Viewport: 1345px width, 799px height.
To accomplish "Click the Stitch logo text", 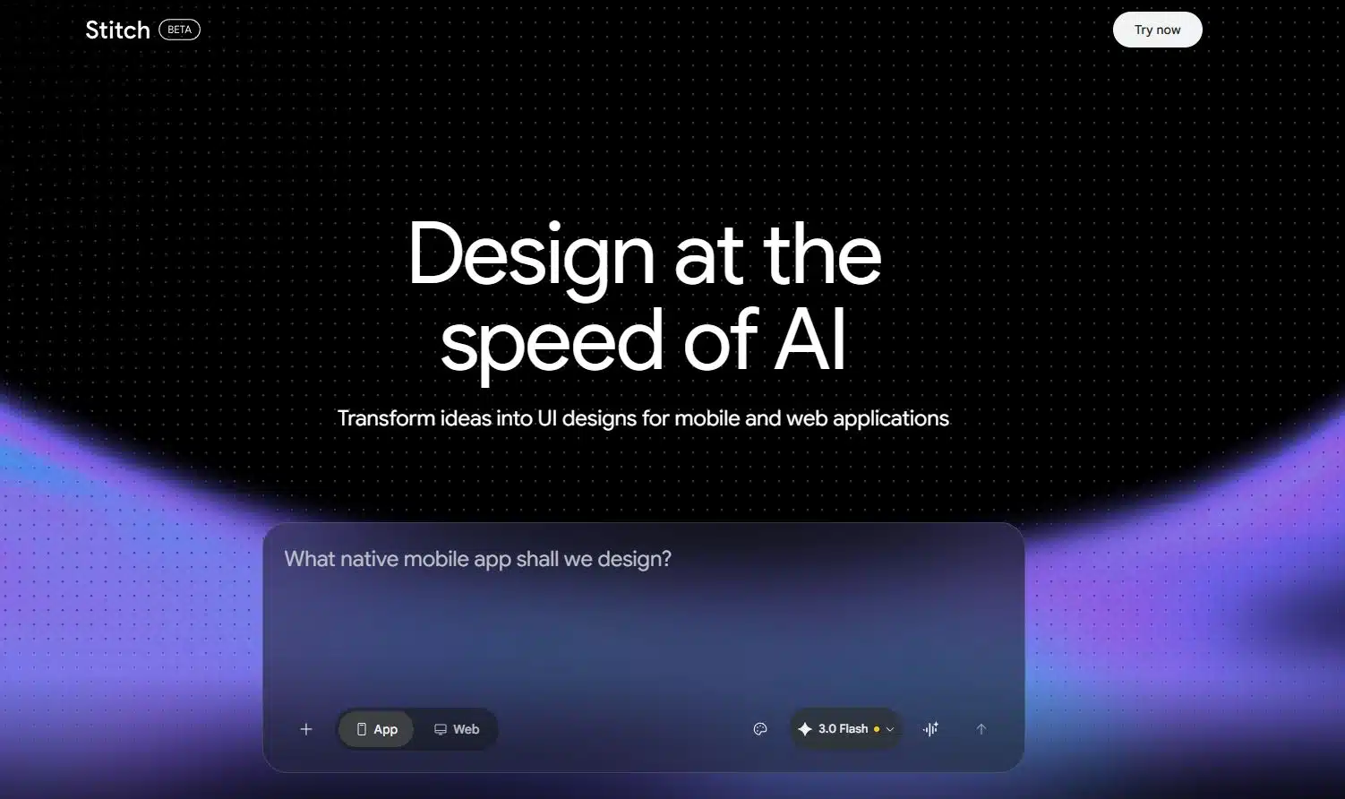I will click(117, 30).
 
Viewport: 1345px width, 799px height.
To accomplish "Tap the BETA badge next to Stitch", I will click(179, 30).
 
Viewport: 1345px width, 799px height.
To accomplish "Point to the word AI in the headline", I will click(810, 341).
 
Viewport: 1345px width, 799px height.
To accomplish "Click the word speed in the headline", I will click(553, 343).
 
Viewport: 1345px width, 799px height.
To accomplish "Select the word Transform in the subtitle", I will click(386, 418).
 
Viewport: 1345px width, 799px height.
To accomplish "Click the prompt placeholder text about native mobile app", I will click(477, 559).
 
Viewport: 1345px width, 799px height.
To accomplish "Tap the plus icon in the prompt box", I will click(306, 729).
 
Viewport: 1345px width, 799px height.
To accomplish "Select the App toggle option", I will click(376, 729).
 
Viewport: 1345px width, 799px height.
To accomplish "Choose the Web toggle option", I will click(457, 729).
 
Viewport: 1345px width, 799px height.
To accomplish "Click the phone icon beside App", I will click(362, 729).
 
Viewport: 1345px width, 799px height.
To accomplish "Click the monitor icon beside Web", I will click(441, 729).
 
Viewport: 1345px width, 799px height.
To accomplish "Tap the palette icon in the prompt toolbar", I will click(760, 729).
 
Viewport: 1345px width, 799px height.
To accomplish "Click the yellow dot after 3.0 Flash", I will click(877, 729).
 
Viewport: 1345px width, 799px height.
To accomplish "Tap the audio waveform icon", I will click(931, 729).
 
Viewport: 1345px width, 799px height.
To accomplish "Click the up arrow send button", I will click(981, 729).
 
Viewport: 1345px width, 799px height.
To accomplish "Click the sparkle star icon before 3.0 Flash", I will click(805, 729).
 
